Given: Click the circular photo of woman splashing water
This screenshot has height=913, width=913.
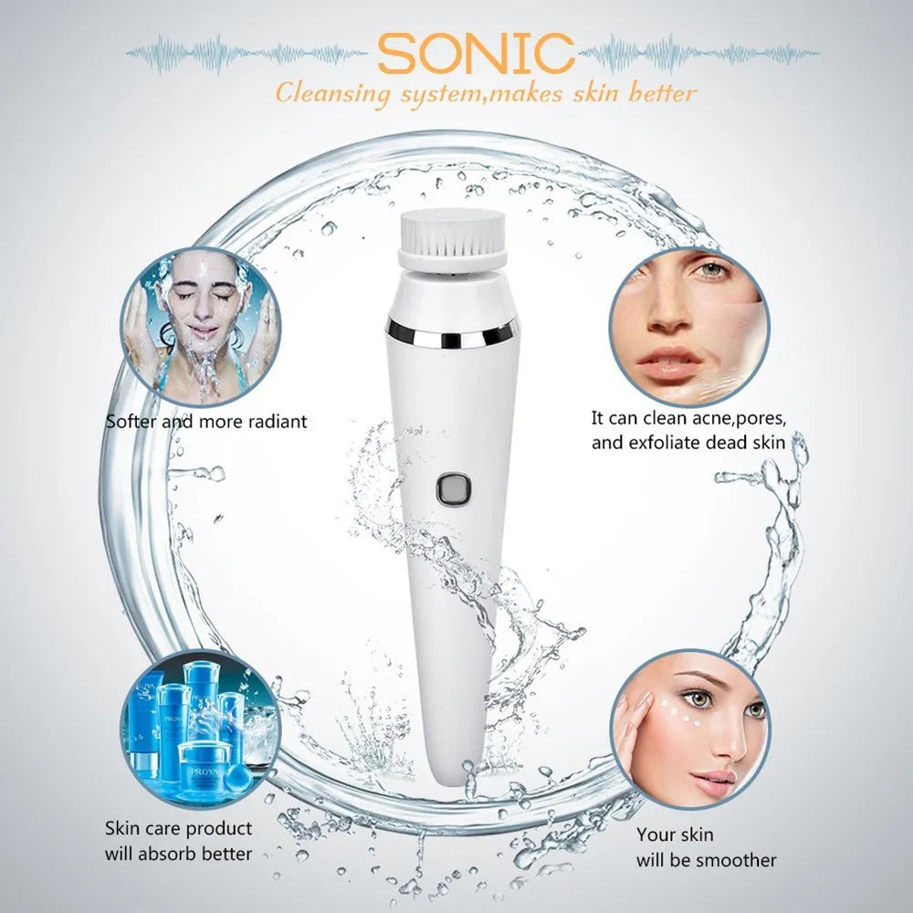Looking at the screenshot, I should [201, 326].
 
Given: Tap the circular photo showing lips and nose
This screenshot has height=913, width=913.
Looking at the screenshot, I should [688, 326].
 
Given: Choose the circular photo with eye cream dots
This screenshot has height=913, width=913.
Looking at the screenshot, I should [690, 728].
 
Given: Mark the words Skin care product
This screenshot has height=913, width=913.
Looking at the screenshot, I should [178, 829].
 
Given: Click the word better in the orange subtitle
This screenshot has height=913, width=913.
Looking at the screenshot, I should [663, 93].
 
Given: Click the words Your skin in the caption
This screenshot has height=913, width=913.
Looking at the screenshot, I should [675, 834].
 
